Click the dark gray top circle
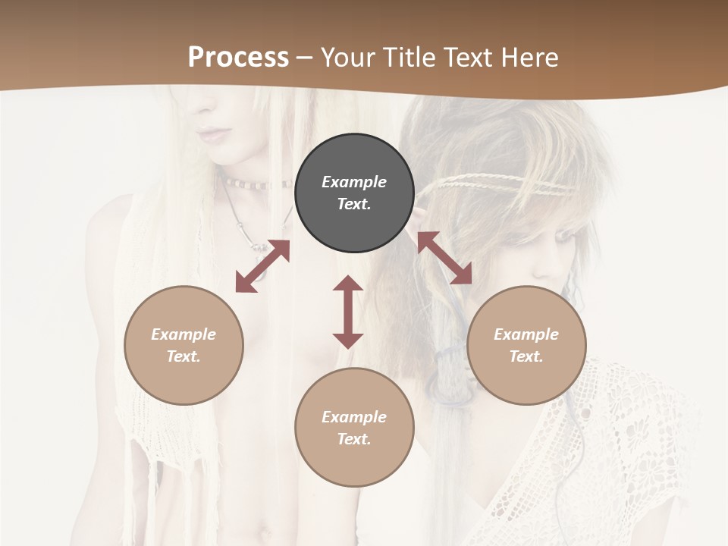tap(354, 193)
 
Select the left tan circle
tap(184, 345)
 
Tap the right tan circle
tap(526, 345)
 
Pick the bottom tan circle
tap(354, 428)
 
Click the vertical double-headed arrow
tap(348, 312)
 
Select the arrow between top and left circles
tap(262, 266)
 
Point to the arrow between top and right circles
tap(444, 258)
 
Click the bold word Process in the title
tap(238, 57)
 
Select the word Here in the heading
tap(528, 57)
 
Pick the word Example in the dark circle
tap(354, 182)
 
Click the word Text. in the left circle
tap(184, 356)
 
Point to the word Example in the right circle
tap(526, 334)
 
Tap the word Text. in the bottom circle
tap(354, 439)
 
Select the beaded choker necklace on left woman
tap(254, 184)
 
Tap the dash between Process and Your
tap(304, 58)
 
